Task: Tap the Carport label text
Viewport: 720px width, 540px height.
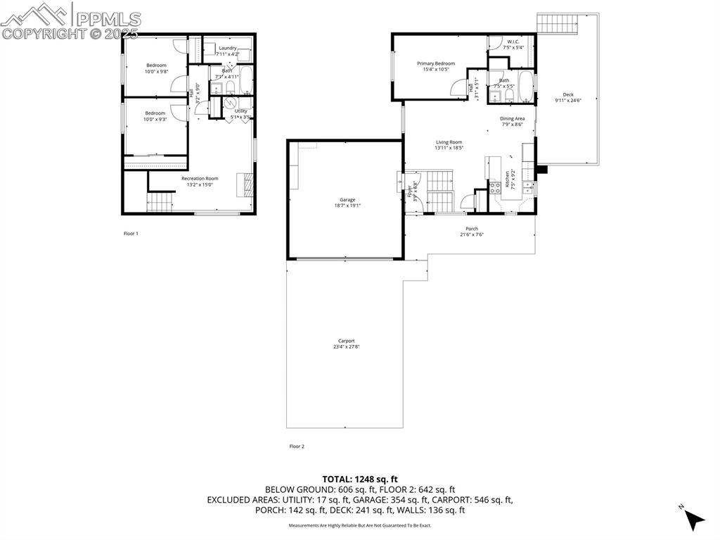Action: (x=344, y=341)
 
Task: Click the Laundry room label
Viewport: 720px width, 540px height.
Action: (x=228, y=48)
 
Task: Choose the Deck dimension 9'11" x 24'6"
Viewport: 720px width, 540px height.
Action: (x=568, y=101)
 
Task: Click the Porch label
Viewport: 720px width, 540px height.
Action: (x=472, y=229)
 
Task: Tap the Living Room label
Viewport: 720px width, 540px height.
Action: (x=449, y=142)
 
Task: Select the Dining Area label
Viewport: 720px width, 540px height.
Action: (x=513, y=119)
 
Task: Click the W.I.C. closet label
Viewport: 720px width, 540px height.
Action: (x=513, y=42)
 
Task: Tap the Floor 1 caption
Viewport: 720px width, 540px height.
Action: (x=131, y=233)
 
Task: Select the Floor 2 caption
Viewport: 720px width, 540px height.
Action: (x=297, y=446)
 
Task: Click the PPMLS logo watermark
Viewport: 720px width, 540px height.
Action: (x=70, y=21)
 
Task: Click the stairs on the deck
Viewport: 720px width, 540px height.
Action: (x=559, y=23)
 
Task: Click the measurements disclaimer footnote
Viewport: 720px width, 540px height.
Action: (x=360, y=525)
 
